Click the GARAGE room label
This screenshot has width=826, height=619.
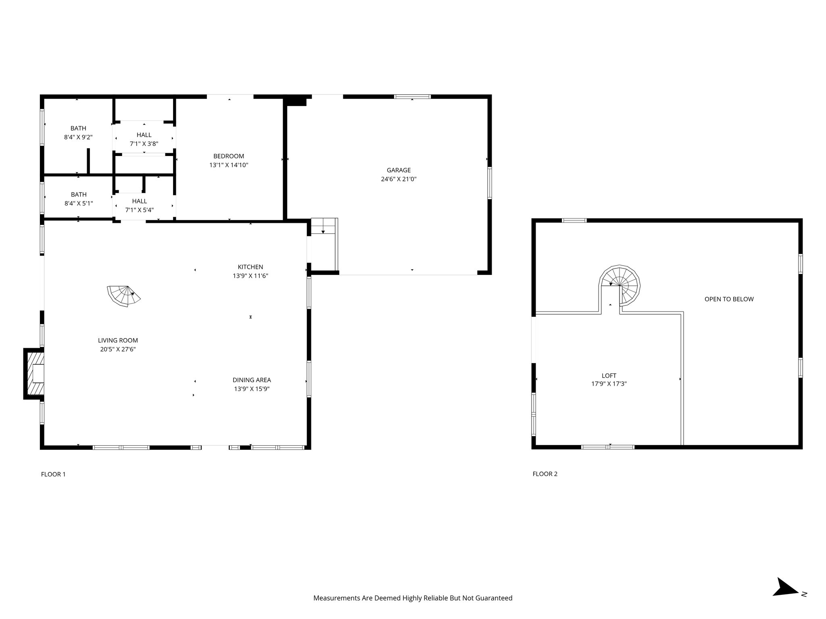click(398, 170)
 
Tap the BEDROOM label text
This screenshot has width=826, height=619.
click(229, 156)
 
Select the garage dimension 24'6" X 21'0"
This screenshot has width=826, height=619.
click(398, 179)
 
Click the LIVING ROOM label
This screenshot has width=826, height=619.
click(118, 341)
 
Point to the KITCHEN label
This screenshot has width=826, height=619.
click(250, 267)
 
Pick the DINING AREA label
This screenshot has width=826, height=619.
click(252, 380)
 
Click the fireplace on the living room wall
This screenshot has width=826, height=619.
click(34, 374)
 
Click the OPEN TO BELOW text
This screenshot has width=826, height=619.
click(729, 299)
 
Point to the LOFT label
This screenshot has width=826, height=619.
click(609, 376)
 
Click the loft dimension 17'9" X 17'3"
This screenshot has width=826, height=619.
click(609, 384)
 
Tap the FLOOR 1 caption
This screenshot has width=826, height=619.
click(53, 474)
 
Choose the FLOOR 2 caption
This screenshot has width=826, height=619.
click(545, 474)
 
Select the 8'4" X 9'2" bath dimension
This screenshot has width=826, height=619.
click(78, 137)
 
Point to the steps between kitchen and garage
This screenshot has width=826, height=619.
click(324, 226)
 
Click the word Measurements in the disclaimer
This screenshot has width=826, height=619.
click(337, 598)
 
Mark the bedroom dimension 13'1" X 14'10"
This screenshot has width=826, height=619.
click(229, 165)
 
